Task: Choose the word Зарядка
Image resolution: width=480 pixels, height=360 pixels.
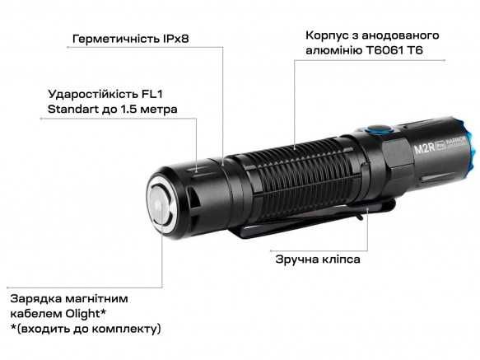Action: (x=36, y=298)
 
